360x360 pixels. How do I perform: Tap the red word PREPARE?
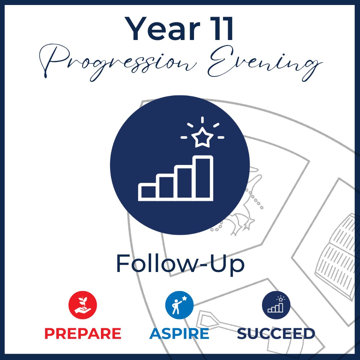pos(83,334)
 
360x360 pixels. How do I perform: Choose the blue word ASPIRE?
pos(179,334)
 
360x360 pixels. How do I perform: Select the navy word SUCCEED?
pos(276,334)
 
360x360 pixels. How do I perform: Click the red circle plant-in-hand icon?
pos(83,305)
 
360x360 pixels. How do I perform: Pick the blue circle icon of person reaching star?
pos(179,305)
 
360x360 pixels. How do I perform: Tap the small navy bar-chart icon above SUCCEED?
pos(276,305)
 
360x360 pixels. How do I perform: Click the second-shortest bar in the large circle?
pos(167,187)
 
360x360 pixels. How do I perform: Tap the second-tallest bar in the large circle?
pos(185,183)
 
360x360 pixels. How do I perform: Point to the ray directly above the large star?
pos(202,120)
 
